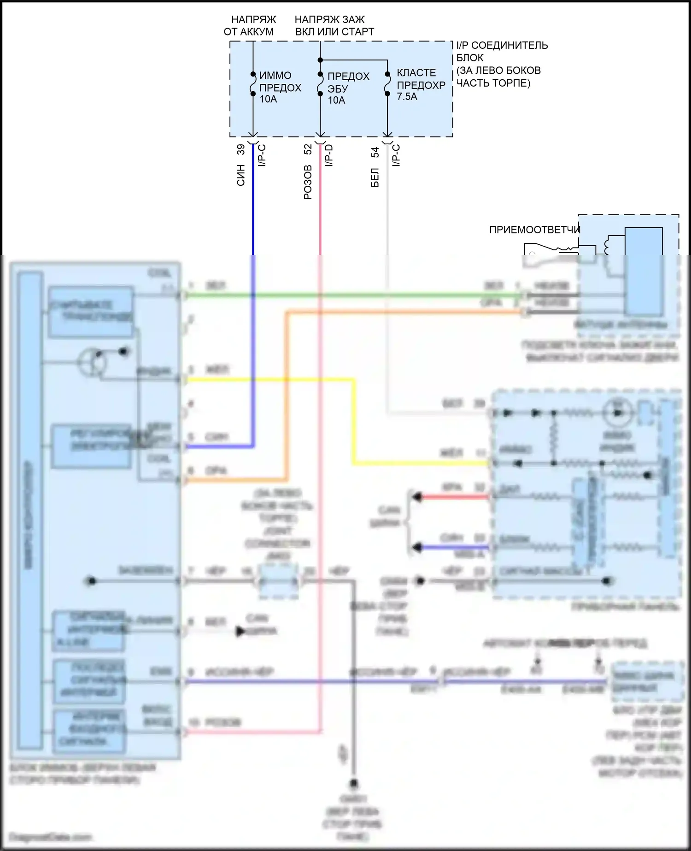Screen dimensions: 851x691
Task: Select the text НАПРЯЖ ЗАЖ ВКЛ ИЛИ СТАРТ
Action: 334,25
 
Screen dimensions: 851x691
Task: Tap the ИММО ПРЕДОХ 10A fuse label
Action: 280,87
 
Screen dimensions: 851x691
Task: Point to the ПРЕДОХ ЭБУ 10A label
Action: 348,88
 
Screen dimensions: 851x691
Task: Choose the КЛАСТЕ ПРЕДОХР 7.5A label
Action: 421,85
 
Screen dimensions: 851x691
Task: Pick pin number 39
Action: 241,149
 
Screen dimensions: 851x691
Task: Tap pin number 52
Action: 308,149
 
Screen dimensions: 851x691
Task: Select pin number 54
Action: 375,152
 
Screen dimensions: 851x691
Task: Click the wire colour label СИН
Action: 241,175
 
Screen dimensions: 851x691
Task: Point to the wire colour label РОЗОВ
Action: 308,182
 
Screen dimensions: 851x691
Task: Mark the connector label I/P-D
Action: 329,155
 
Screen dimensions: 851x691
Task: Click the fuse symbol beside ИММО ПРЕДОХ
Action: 253,84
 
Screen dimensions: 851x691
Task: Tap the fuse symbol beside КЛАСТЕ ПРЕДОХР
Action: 387,84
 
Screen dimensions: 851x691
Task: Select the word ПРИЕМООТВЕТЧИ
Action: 534,230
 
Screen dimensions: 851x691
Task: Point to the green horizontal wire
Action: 350,295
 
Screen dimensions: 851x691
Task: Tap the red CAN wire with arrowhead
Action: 454,497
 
